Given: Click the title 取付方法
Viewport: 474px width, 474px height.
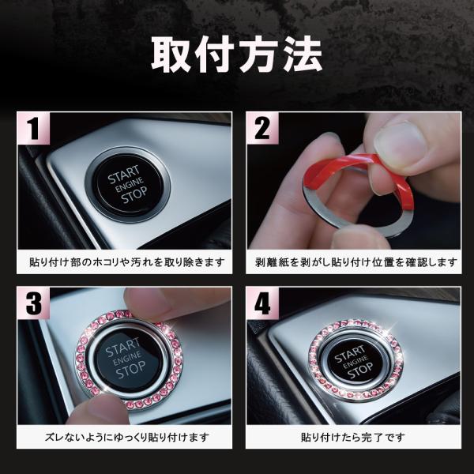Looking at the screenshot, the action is coord(237,55).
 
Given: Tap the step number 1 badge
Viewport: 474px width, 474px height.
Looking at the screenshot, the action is coord(34,128).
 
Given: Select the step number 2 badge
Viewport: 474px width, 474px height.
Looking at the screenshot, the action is coord(262,128).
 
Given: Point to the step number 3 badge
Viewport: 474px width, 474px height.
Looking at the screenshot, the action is coord(34,303).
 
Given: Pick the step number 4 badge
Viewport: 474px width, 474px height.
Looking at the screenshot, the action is coord(262,303).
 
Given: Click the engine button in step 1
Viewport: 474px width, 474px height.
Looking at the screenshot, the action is coord(128,184).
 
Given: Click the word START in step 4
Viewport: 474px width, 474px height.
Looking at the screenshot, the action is coord(350,353).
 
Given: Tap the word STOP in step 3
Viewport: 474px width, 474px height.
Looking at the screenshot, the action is coord(130,370).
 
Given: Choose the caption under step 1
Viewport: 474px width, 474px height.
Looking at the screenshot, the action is coord(127,262).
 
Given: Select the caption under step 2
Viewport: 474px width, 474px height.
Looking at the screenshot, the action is coord(355,262).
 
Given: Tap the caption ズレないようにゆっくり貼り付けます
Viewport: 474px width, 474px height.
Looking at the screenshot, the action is coord(127,437).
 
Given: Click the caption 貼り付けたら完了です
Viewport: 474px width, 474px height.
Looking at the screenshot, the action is coord(353,437).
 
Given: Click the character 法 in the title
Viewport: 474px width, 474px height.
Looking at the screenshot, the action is coord(303,55).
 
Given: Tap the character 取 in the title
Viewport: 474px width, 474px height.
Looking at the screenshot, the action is coord(171,55).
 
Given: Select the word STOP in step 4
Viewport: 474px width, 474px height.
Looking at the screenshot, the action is coord(360,371).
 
